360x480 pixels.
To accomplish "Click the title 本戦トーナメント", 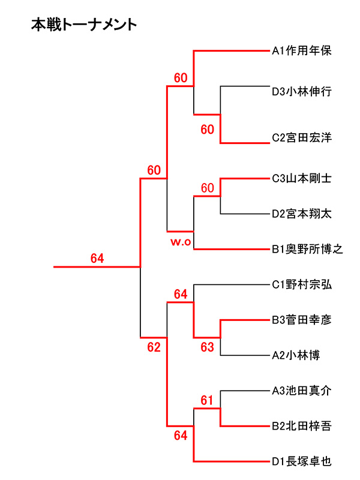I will click(83, 25).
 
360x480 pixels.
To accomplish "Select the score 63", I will click(207, 347).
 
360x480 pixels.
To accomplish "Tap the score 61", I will click(207, 400).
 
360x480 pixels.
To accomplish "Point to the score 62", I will click(154, 347).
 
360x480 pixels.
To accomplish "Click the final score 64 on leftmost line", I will click(97, 259).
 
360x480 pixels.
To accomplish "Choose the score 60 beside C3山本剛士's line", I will click(207, 188).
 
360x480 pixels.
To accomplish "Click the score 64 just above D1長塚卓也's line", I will click(181, 435).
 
